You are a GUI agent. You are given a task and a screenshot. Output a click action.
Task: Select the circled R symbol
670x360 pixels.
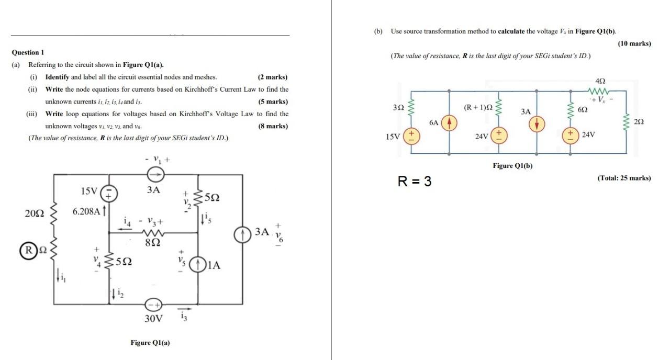(x=25, y=249)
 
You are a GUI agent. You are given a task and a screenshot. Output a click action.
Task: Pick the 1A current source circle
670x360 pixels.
(x=198, y=265)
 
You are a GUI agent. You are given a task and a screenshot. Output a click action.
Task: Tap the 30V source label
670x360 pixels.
(x=153, y=318)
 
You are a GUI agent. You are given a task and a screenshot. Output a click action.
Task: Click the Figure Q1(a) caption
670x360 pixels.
(x=150, y=343)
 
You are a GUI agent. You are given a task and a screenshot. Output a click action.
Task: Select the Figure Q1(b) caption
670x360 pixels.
(x=512, y=166)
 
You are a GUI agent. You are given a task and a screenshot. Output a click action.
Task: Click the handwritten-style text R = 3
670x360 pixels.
(x=415, y=182)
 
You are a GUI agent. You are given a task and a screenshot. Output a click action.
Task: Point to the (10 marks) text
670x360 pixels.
(x=634, y=43)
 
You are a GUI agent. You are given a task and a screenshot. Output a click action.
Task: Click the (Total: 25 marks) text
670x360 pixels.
(x=624, y=178)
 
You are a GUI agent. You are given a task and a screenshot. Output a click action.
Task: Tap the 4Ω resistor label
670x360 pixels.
(x=600, y=81)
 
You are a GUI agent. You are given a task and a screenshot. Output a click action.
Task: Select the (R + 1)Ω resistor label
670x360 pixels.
(x=478, y=108)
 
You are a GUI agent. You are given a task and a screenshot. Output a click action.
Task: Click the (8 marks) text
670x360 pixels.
(x=273, y=126)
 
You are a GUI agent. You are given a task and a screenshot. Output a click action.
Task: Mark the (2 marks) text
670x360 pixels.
(x=273, y=77)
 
